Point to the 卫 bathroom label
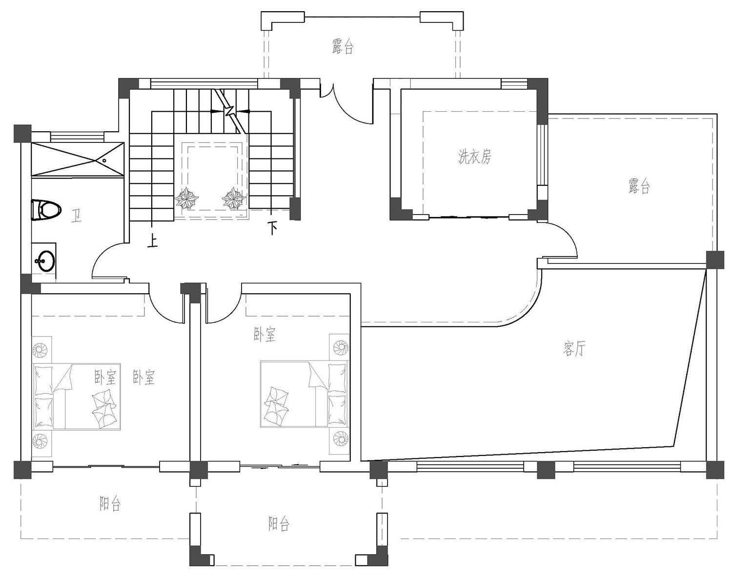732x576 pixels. pos(76,216)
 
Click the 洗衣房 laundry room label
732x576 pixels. pos(474,157)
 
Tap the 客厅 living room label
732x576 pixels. pos(573,349)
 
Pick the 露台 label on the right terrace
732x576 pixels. pos(639,186)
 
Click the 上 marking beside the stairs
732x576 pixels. pos(153,241)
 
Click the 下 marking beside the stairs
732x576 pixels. pos(272,227)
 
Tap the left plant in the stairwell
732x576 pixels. pos(187,199)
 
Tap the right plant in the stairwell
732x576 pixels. pos(234,199)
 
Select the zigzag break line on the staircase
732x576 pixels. pos(230,110)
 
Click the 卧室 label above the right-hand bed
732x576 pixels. pos(264,335)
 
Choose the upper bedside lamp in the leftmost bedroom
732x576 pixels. pos(41,350)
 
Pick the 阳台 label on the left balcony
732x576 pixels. pos(110,503)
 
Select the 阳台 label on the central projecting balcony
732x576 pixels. pos(279,524)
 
